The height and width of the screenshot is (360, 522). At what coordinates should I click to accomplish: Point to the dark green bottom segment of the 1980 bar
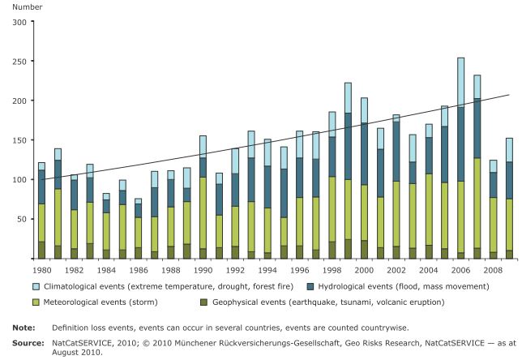(x=41, y=250)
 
